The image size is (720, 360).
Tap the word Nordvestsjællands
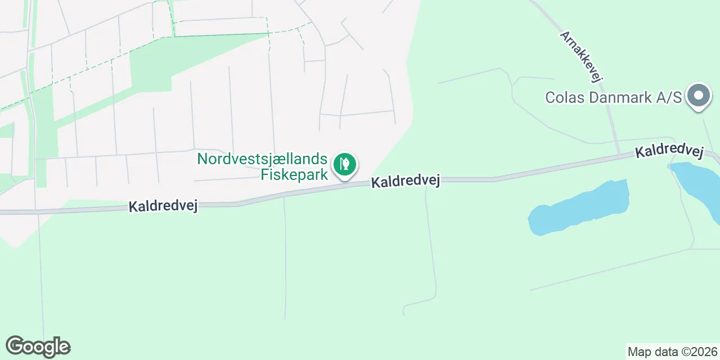(x=263, y=159)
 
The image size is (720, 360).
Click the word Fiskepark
(x=294, y=174)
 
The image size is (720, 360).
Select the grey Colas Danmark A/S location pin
(x=699, y=96)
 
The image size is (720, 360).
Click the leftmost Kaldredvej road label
(x=163, y=206)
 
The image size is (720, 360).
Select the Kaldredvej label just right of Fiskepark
(x=405, y=181)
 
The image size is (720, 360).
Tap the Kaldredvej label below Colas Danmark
(x=669, y=152)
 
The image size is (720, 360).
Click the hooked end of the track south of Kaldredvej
(x=405, y=310)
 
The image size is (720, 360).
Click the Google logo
(x=38, y=346)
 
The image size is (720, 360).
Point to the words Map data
(x=652, y=352)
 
